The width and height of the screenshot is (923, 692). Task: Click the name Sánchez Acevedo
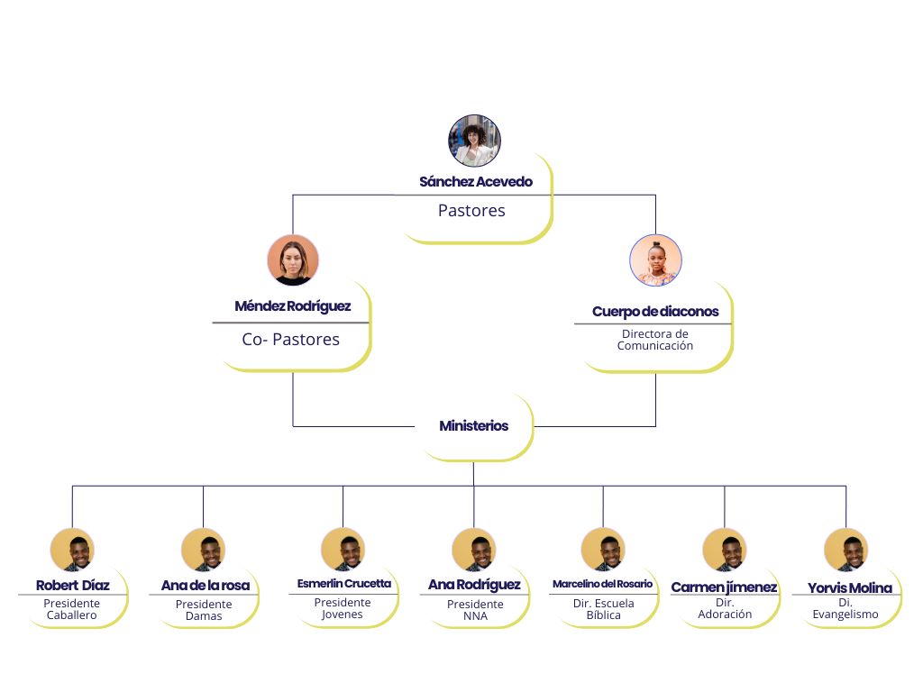476,181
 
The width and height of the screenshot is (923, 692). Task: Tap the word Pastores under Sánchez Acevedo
471,211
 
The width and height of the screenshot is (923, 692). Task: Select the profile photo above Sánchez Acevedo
474,141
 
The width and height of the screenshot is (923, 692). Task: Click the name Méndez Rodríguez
293,306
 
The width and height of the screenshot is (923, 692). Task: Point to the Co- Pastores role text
291,340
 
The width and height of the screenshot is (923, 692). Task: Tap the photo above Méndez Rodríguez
293,260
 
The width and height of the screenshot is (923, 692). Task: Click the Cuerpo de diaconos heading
655,312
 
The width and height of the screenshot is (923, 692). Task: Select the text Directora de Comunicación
655,340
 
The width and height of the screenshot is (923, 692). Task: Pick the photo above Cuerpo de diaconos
655,260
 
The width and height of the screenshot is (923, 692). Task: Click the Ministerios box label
474,425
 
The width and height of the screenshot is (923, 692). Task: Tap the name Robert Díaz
73,586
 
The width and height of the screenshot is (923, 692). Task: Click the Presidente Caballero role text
72,609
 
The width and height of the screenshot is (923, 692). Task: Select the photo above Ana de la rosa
203,550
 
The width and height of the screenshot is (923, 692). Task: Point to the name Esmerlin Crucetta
344,584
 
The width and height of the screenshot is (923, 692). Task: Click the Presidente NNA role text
475,610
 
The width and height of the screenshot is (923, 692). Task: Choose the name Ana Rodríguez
474,586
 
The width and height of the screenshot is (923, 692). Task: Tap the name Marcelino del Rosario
603,584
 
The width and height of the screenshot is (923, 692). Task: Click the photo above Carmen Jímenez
725,550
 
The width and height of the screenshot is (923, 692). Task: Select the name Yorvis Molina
849,588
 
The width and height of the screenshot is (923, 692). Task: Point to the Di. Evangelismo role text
845,608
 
